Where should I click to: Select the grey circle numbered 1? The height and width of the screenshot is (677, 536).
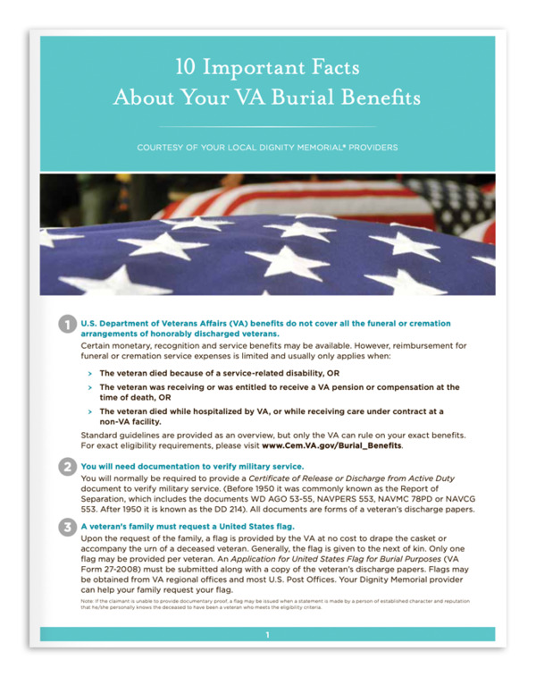pyautogui.click(x=67, y=323)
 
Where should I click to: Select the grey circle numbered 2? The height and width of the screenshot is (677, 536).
pyautogui.click(x=67, y=466)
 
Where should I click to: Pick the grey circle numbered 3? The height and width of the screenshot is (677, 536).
pyautogui.click(x=67, y=527)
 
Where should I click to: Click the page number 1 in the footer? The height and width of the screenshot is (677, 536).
pyautogui.click(x=267, y=635)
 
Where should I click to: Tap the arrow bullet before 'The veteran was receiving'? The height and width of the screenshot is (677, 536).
pyautogui.click(x=88, y=387)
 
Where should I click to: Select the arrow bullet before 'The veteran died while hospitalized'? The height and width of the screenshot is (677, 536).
pyautogui.click(x=88, y=410)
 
